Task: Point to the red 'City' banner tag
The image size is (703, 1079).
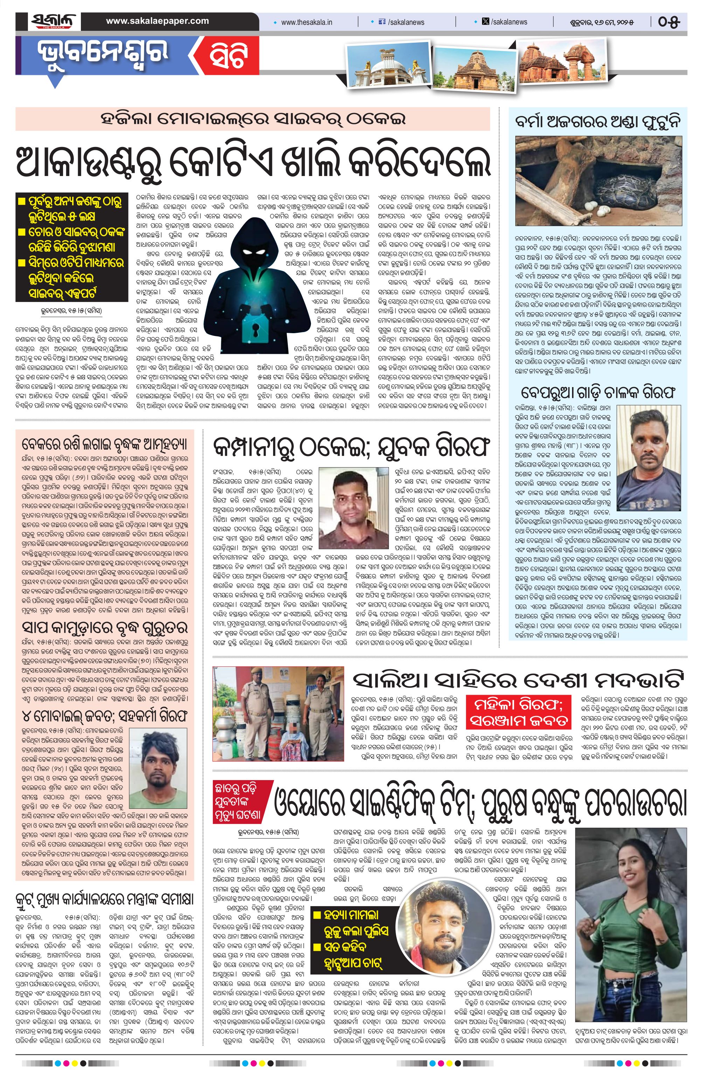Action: click(x=228, y=56)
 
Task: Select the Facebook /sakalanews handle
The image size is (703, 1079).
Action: click(x=404, y=22)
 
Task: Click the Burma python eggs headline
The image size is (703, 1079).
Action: click(x=597, y=122)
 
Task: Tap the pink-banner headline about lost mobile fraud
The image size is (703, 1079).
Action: click(x=253, y=119)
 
